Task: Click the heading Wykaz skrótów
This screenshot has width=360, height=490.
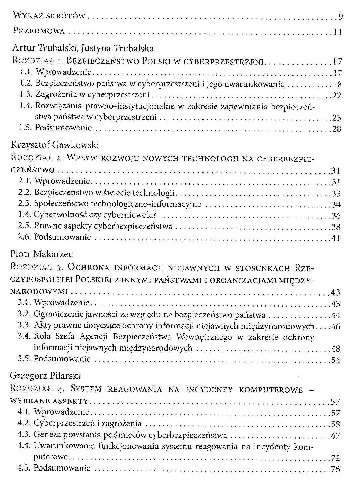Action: pyautogui.click(x=50, y=16)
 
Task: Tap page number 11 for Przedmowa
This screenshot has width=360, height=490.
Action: pyautogui.click(x=337, y=32)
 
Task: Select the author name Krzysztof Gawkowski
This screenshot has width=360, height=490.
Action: pyautogui.click(x=55, y=145)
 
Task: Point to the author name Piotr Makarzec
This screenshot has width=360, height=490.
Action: pyautogui.click(x=41, y=254)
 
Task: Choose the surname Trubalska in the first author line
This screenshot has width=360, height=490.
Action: pyautogui.click(x=134, y=49)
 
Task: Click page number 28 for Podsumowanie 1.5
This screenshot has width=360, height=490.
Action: pyautogui.click(x=336, y=129)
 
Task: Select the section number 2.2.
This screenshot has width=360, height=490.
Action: pyautogui.click(x=25, y=193)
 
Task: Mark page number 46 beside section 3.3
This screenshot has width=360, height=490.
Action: pyautogui.click(x=335, y=326)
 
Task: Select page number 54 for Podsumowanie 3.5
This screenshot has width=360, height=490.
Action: pyautogui.click(x=336, y=360)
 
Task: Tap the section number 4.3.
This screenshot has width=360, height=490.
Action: pyautogui.click(x=24, y=435)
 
